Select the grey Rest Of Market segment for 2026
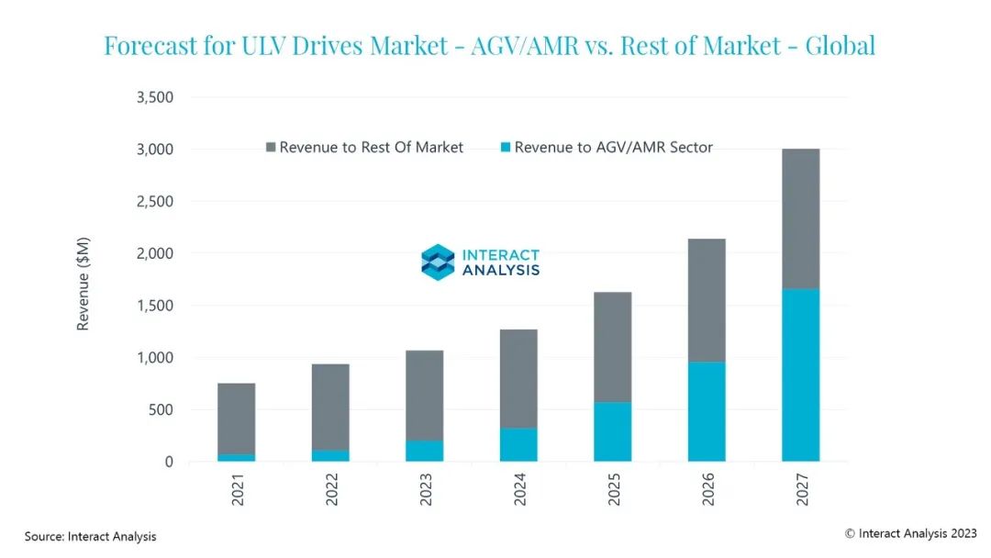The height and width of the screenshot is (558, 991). [707, 300]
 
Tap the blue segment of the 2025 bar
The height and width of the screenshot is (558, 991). [612, 431]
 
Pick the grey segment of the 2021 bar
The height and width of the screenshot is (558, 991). [236, 418]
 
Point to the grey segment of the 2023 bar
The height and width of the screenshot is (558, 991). [424, 395]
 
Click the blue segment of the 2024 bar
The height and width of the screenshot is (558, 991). [518, 444]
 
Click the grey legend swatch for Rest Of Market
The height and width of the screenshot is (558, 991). [270, 147]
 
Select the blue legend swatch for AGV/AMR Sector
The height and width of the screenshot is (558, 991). [505, 147]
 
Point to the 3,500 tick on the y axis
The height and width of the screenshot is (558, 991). [154, 97]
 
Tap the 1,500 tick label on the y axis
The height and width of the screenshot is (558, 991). [154, 306]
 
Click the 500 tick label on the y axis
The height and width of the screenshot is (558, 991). [160, 409]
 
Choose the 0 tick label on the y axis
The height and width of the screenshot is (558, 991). [169, 462]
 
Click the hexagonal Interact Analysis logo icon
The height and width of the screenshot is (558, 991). [438, 262]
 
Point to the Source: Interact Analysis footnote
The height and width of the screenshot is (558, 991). [90, 537]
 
